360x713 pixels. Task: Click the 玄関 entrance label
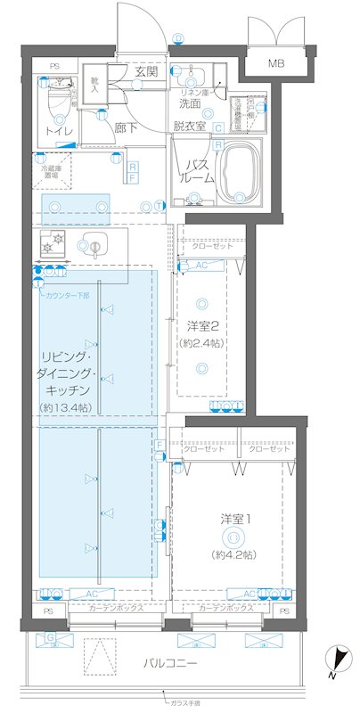[146, 71]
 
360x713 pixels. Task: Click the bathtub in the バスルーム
[241, 170]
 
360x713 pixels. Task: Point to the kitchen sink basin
[92, 243]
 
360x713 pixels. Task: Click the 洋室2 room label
[204, 325]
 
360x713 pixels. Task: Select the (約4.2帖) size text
[234, 553]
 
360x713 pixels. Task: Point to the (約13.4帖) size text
[63, 407]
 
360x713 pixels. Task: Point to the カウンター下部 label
[68, 295]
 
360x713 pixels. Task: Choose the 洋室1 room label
[234, 519]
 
